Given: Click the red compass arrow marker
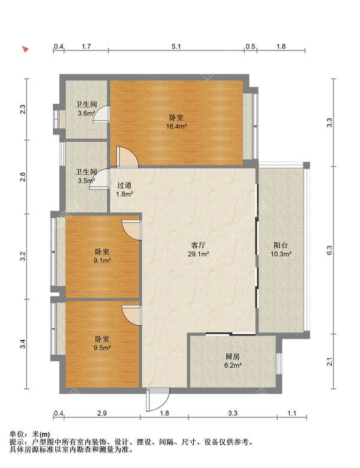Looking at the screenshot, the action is click(x=26, y=49).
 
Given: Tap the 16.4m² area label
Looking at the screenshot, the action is click(x=176, y=126).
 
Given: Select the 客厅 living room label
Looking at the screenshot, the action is click(x=198, y=245).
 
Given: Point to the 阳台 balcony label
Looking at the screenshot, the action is click(x=281, y=245).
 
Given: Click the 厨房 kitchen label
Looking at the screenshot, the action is click(x=232, y=356).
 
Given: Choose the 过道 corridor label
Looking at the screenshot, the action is click(x=124, y=185).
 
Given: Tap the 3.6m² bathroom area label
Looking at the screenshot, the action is click(x=86, y=113).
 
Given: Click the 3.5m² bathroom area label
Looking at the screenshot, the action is click(x=86, y=181).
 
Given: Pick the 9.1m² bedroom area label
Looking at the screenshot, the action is click(x=102, y=260).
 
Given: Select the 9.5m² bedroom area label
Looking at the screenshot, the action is click(x=102, y=348).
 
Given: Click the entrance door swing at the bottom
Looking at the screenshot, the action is click(x=158, y=399).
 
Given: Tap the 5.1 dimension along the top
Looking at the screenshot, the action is click(x=176, y=46).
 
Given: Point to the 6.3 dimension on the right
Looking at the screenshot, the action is click(x=329, y=250).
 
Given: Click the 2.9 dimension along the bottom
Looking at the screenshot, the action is click(x=102, y=413).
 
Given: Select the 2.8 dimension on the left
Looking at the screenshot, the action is click(x=23, y=177).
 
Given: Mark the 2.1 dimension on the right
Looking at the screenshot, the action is click(x=329, y=362).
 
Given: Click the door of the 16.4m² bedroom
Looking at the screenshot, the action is click(x=127, y=157).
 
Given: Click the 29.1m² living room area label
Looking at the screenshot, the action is click(x=198, y=254).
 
